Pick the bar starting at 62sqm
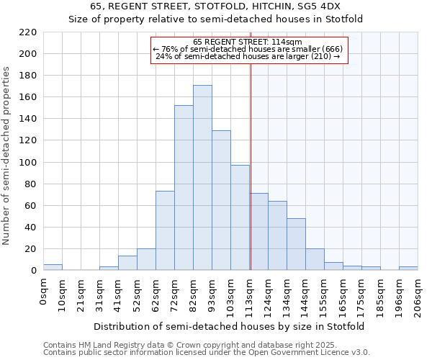tap(165, 230)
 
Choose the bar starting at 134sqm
tap(296, 244)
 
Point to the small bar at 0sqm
tap(53, 267)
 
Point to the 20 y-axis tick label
tap(31, 249)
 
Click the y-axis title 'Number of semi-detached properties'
tap(6, 156)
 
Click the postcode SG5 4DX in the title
tap(314, 6)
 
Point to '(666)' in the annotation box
tap(331, 49)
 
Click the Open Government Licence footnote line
tap(207, 352)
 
